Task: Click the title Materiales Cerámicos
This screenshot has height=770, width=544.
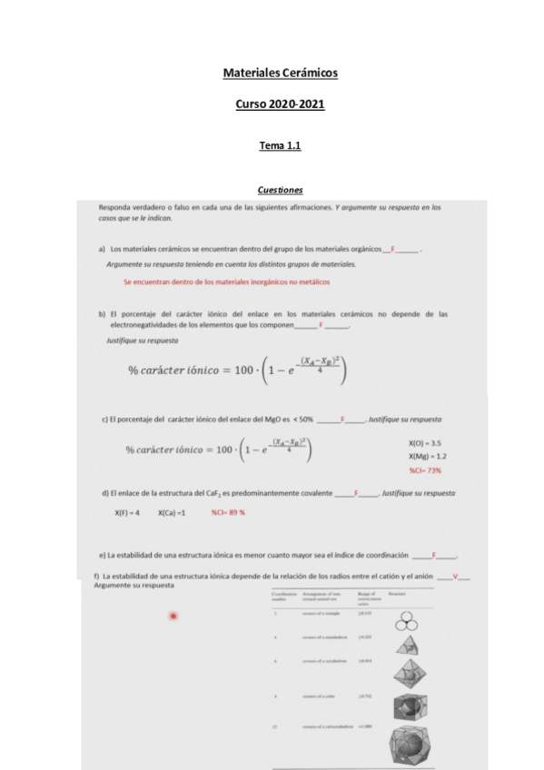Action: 280,73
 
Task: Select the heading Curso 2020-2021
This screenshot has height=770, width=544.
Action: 280,104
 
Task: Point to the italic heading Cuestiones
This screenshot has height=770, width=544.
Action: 280,190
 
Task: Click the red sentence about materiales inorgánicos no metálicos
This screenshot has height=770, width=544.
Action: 226,281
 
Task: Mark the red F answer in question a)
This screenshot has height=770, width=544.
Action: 392,248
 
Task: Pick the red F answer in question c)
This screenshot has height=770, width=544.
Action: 342,420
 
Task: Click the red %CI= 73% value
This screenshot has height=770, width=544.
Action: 425,470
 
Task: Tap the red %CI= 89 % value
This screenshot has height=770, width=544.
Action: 229,512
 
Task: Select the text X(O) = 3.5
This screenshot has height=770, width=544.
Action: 425,442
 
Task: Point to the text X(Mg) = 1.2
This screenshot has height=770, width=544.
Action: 427,456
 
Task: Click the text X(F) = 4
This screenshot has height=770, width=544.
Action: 127,512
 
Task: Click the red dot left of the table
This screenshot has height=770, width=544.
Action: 173,617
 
